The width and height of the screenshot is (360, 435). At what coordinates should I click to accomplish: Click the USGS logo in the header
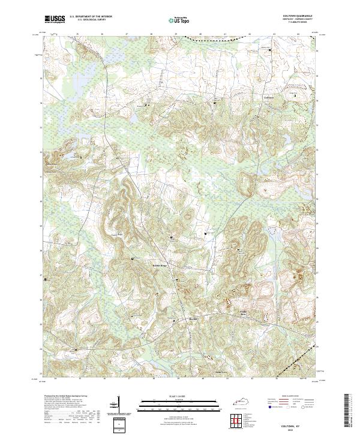55,19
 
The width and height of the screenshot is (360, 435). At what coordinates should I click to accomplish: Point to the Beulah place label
193,318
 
